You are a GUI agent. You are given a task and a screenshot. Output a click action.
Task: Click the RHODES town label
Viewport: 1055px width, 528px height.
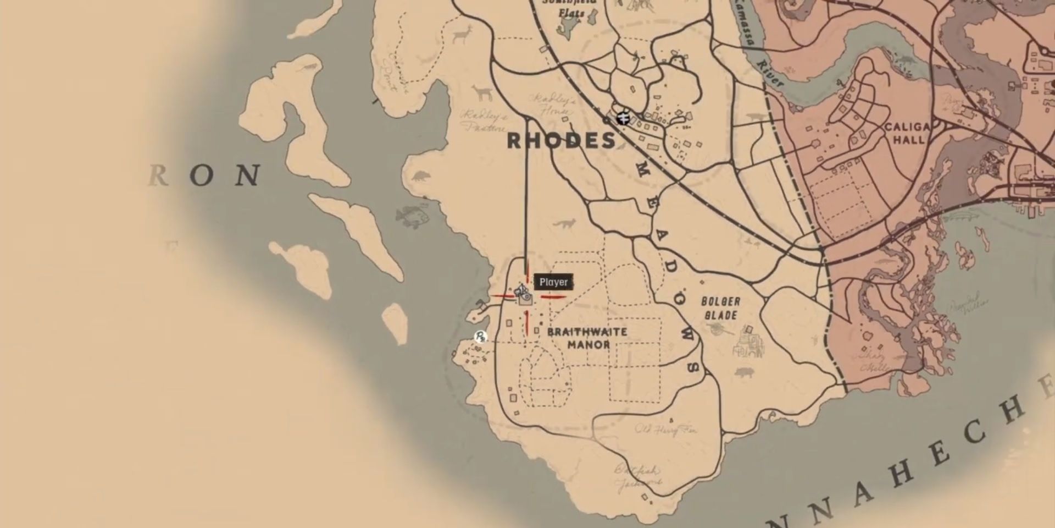(561, 141)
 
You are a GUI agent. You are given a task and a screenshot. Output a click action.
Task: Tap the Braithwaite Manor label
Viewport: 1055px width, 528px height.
(579, 338)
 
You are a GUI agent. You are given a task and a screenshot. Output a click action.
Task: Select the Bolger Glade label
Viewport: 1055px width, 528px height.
(720, 308)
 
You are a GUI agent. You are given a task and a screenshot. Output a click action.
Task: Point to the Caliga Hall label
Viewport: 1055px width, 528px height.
(907, 133)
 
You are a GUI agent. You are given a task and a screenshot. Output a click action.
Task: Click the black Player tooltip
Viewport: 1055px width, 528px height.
(553, 282)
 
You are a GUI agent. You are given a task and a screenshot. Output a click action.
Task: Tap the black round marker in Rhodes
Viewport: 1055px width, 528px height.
(623, 118)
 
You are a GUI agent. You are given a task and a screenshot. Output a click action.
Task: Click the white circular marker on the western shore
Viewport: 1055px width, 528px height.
(481, 336)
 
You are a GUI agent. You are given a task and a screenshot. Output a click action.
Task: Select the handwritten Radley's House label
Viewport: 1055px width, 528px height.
(551, 105)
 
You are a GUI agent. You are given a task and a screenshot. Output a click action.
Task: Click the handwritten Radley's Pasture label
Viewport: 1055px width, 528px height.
(484, 122)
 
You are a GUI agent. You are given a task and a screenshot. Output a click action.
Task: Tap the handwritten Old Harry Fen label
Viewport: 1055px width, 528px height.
(665, 430)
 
